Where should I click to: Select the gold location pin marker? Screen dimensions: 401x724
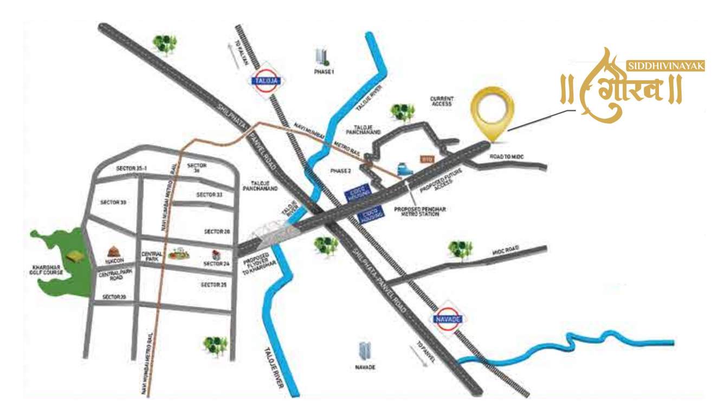point(490,112)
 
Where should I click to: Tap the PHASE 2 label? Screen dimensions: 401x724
point(341,171)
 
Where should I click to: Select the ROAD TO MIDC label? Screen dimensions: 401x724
point(508,157)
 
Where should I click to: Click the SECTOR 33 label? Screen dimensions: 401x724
point(209,194)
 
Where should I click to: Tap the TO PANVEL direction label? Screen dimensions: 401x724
point(423,350)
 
